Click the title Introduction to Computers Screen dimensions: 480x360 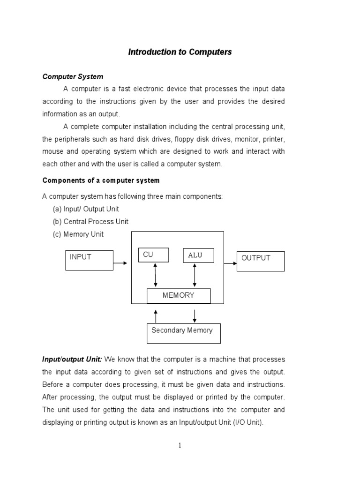point(180,52)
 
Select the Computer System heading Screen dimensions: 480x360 point(73,76)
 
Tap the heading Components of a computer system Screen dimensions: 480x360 point(101,180)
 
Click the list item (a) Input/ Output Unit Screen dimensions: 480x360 point(86,209)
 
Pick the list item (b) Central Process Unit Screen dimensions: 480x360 point(90,221)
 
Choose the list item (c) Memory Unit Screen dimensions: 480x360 point(78,234)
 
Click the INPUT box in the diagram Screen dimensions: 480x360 point(89,260)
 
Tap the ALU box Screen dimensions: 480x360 point(198,255)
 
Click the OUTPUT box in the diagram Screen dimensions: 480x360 point(262,261)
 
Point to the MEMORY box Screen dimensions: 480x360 point(179,296)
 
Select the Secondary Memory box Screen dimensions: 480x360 point(183,333)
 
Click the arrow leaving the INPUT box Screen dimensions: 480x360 point(120,263)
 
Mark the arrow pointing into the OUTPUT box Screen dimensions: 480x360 point(231,263)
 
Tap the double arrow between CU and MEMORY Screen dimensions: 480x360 point(156,275)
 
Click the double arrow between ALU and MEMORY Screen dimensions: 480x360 point(195,275)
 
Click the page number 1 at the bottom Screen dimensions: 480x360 point(180,445)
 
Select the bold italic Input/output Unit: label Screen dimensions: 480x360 point(72,359)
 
